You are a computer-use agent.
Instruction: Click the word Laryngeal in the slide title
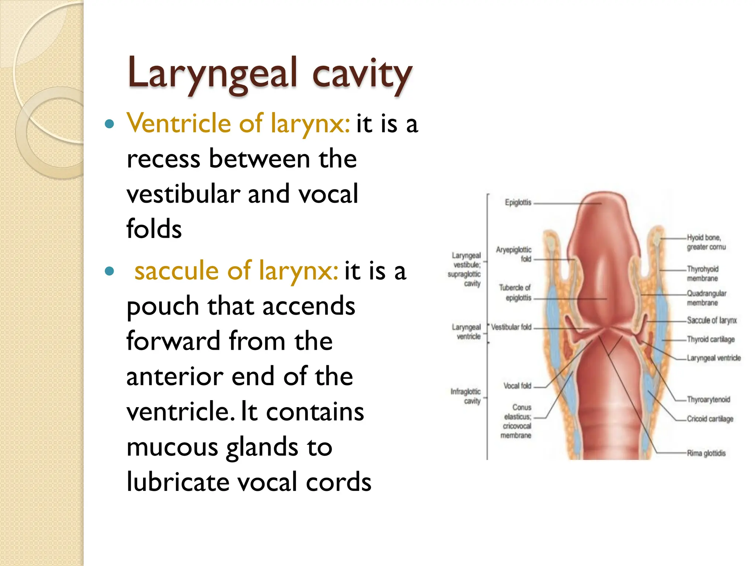pos(212,74)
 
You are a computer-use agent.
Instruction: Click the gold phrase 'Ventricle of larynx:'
pos(238,123)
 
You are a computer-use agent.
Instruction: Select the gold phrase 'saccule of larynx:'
pos(236,270)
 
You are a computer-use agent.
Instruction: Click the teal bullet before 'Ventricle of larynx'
pos(109,124)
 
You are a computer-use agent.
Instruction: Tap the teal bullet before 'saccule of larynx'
pos(109,272)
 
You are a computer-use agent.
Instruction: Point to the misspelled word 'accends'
pos(309,306)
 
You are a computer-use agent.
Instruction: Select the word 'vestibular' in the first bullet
pos(183,194)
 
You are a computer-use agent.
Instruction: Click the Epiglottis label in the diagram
pos(518,202)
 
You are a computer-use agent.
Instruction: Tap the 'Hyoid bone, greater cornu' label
pos(706,242)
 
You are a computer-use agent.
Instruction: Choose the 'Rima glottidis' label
pos(706,453)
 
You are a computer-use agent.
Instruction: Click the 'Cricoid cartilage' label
pos(710,419)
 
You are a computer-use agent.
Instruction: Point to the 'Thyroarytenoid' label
pos(708,399)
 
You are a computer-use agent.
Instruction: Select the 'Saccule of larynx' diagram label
pos(711,320)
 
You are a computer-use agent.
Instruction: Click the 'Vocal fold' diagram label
pos(517,386)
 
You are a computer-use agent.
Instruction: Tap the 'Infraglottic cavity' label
pos(466,396)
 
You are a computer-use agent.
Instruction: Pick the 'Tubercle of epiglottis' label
pos(515,293)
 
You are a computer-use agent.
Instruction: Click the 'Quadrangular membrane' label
pos(706,298)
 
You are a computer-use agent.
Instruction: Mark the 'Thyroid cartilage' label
pos(710,339)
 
